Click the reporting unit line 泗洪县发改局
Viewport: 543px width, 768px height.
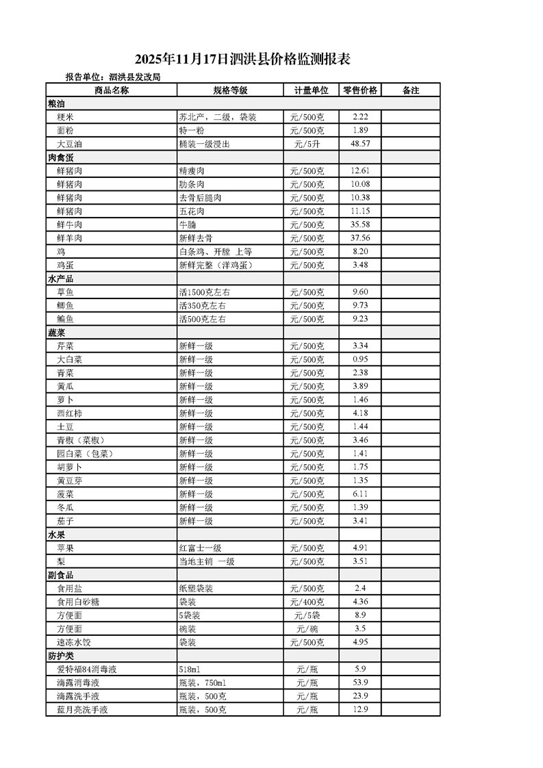[112, 78]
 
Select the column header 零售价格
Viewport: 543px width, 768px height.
[359, 90]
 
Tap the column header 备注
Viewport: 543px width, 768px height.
[410, 90]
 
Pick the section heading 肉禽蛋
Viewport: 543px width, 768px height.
[60, 157]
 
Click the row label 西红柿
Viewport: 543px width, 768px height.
[69, 413]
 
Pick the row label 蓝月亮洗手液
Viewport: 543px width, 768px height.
[82, 710]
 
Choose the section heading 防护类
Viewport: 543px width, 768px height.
[60, 656]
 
